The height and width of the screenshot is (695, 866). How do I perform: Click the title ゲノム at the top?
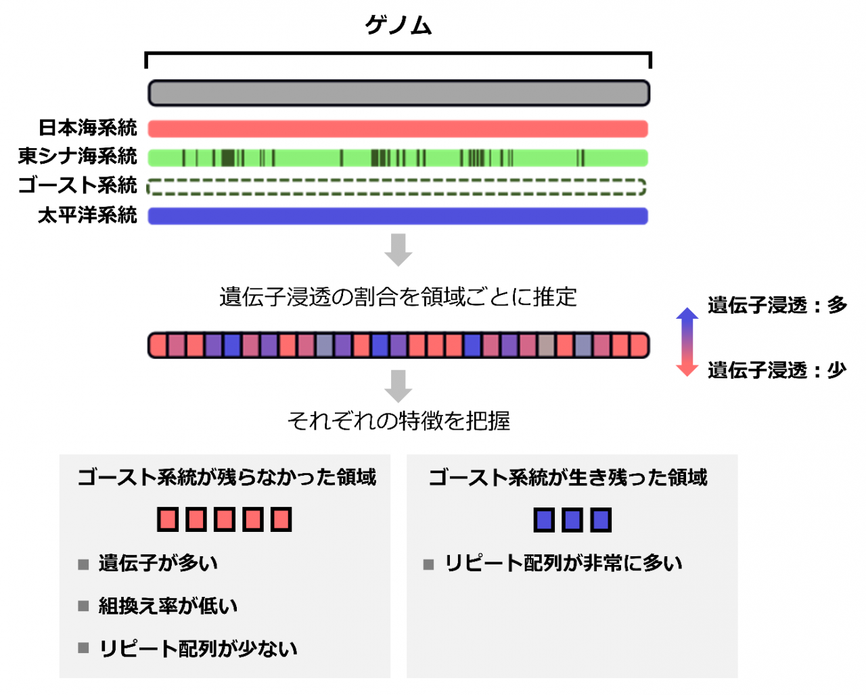(398, 26)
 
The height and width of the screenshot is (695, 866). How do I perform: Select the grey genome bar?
(398, 93)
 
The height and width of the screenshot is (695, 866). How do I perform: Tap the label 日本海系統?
(87, 128)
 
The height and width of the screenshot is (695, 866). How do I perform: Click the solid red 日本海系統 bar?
(398, 129)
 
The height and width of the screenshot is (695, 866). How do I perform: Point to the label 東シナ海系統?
(77, 156)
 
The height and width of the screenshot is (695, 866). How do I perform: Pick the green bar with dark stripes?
(398, 158)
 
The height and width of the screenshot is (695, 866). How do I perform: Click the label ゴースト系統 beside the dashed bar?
(77, 185)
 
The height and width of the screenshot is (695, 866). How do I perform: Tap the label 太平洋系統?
(87, 215)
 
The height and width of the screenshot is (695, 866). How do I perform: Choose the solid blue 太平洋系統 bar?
(398, 216)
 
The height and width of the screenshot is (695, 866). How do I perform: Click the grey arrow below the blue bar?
(398, 249)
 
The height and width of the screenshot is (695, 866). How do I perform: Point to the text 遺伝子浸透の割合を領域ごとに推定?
(398, 297)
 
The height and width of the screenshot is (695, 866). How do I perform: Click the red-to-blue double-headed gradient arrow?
(687, 342)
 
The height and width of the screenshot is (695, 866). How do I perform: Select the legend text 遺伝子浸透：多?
(777, 305)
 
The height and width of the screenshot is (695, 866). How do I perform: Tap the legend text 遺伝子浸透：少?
(777, 370)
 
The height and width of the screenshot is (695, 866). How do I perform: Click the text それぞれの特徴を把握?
(398, 421)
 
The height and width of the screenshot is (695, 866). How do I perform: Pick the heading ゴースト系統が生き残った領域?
(568, 478)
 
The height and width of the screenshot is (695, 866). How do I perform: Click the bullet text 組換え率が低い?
(168, 606)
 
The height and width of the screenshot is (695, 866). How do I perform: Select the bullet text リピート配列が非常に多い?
(563, 563)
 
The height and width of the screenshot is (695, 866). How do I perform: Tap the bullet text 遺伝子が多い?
(158, 563)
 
